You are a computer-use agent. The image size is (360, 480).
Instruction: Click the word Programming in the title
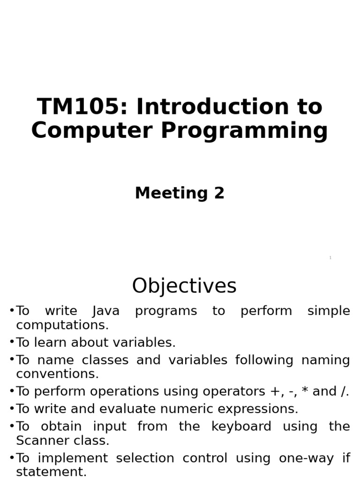tap(244, 131)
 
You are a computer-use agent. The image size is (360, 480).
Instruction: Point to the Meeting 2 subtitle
tap(180, 193)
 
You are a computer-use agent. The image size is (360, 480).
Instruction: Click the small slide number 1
tap(330, 258)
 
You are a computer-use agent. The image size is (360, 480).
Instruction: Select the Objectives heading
tap(184, 286)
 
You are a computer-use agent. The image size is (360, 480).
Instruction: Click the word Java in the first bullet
tap(106, 311)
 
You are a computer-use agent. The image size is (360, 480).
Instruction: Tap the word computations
tap(62, 325)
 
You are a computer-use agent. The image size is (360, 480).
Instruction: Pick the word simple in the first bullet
tap(328, 311)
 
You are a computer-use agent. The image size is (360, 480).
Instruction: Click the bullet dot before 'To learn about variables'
tap(12, 342)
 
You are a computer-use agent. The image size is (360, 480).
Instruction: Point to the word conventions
tap(57, 374)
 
